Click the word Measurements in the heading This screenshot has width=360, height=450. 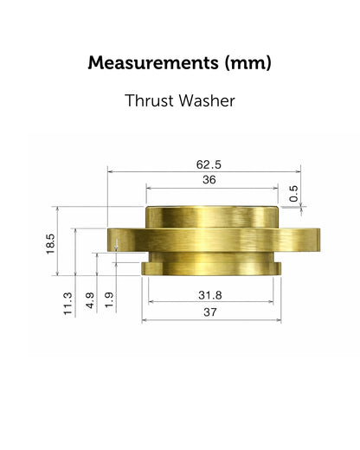(x=153, y=62)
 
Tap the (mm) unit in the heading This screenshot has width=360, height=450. (x=248, y=63)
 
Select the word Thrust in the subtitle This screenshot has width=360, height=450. (x=150, y=100)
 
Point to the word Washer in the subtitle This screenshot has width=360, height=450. (x=207, y=100)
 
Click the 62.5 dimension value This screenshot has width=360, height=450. (x=209, y=164)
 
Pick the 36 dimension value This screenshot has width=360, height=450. (x=209, y=180)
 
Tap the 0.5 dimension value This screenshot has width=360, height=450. (x=293, y=194)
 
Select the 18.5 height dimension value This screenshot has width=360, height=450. (x=50, y=244)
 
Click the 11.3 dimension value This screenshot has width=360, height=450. (x=67, y=304)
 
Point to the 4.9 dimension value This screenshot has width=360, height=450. (x=90, y=300)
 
